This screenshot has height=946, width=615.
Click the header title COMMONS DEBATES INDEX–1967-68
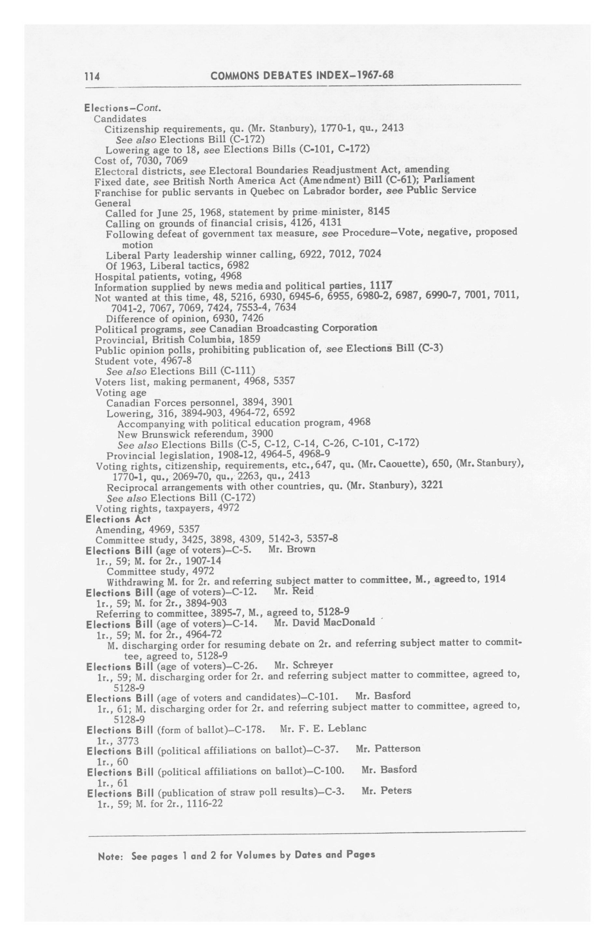tap(302, 75)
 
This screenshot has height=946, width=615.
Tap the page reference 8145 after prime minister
tap(378, 211)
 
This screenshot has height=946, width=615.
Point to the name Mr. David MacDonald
tap(324, 622)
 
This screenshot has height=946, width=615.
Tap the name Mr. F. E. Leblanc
tap(323, 728)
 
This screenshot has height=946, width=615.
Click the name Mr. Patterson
tap(388, 749)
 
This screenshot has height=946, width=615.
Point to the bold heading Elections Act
tap(118, 519)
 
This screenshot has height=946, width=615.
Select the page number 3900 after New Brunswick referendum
tap(262, 433)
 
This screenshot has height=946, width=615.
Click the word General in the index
tap(113, 203)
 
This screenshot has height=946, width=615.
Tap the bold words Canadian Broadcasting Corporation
tap(293, 328)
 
